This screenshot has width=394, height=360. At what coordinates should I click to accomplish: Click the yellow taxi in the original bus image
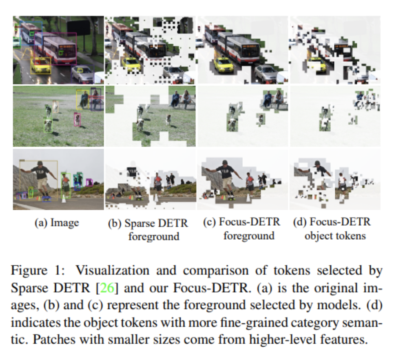point(40,65)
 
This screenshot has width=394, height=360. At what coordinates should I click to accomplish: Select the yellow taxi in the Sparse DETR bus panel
point(131,64)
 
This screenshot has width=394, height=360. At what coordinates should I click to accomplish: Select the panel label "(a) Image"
point(57,223)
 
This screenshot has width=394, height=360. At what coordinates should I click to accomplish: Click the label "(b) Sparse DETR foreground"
point(148,229)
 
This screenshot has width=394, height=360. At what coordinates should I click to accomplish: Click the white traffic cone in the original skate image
point(63,198)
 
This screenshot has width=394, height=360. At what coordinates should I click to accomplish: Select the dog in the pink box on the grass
point(77,119)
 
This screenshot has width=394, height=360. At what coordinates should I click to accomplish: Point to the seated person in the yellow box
point(84,100)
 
